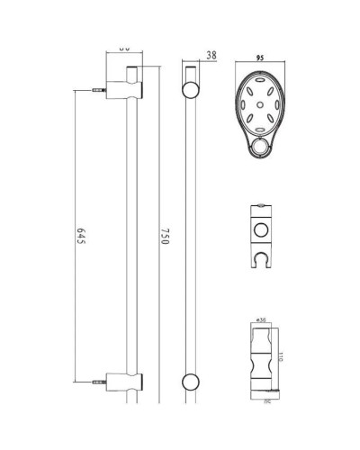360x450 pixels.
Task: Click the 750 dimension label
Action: point(163,236)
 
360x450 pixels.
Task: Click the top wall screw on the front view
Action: point(97,90)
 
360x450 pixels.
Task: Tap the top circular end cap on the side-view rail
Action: point(191,89)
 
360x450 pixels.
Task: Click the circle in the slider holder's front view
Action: point(262,226)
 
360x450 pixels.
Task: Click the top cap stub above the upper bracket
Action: point(132,70)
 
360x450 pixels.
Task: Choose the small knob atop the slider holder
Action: point(262,209)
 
